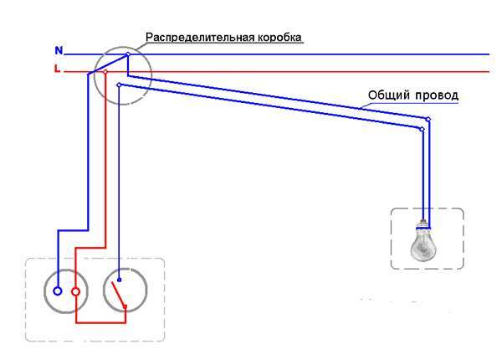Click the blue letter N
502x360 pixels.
59,50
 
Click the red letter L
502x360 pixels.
57,69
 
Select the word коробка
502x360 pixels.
279,37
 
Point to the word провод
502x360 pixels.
437,95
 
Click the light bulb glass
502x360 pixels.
423,247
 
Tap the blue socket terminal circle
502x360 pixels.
58,291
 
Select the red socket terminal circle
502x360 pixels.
76,291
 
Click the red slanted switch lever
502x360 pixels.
118,294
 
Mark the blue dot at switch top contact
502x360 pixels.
119,280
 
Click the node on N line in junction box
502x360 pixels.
128,54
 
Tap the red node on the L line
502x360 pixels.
105,72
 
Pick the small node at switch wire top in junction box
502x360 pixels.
119,85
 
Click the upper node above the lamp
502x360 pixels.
428,119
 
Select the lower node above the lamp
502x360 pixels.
423,129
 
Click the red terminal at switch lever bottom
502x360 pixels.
125,306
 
